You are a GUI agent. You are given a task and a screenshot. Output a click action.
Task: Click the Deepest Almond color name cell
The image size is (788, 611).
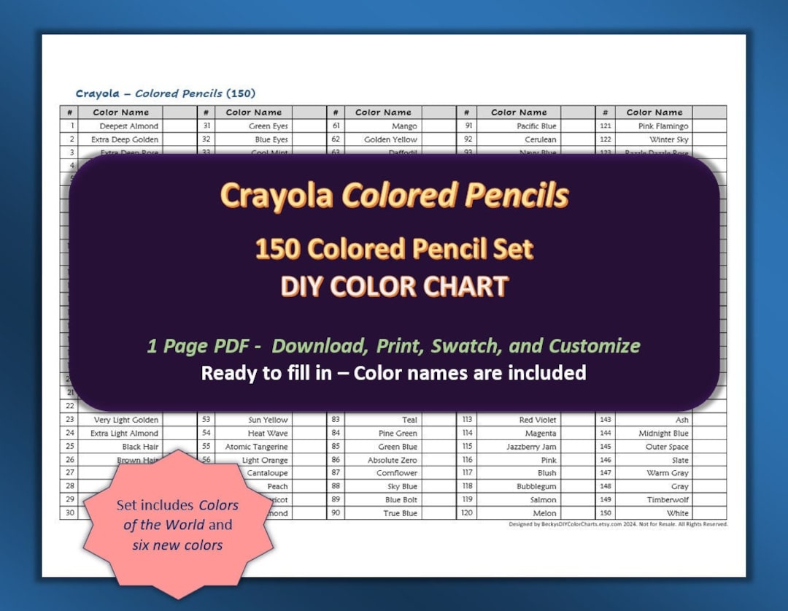tap(128, 126)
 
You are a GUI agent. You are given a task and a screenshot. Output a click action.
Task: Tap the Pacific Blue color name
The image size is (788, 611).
tap(536, 126)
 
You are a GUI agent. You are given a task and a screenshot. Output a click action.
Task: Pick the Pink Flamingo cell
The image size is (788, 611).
tap(663, 126)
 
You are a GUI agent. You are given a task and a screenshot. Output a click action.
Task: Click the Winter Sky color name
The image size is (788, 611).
tap(668, 139)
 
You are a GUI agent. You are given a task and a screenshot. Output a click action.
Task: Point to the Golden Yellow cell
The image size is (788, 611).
tap(390, 139)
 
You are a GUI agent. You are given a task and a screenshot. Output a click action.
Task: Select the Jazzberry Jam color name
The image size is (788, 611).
tap(531, 447)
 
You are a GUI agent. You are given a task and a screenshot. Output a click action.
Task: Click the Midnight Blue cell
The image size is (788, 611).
tap(663, 434)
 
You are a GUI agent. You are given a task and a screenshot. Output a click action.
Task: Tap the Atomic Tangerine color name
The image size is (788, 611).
tap(256, 447)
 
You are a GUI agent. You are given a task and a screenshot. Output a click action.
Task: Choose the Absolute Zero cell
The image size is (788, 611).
tap(392, 460)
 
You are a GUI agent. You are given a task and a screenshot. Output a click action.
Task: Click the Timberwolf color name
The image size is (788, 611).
tap(668, 500)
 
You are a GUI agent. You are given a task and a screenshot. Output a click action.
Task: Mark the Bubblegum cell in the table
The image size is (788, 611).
tap(536, 486)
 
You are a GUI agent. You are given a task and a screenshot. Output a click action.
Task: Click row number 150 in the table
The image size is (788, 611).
tap(606, 513)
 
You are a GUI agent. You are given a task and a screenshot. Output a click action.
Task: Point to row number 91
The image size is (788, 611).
tap(468, 126)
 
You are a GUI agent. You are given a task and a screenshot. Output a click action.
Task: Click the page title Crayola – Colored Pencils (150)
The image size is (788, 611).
tap(166, 93)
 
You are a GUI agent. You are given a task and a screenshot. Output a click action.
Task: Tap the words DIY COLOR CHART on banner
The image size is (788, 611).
tap(394, 286)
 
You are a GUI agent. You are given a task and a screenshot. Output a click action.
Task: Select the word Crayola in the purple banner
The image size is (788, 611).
tap(277, 196)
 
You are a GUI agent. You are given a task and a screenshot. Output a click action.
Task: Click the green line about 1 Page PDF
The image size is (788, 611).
tap(394, 346)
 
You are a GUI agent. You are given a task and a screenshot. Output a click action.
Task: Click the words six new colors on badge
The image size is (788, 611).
tap(178, 545)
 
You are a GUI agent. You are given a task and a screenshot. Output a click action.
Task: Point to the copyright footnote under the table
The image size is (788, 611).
tap(618, 524)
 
